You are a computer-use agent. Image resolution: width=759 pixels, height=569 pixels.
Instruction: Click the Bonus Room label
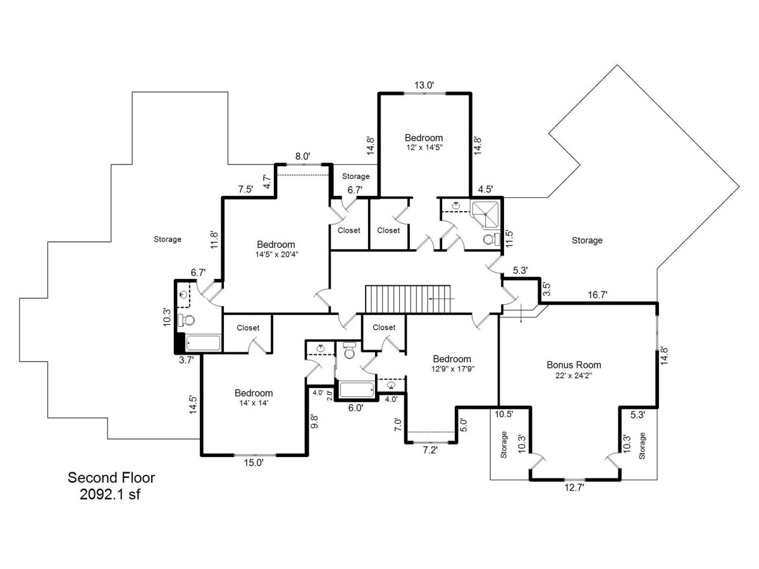tap(574, 365)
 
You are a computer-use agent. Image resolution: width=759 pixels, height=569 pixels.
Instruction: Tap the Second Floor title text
tap(111, 477)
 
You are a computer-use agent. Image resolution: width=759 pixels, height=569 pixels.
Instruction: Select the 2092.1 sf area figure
tap(110, 494)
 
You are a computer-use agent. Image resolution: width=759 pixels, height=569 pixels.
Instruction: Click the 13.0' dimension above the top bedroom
tap(424, 85)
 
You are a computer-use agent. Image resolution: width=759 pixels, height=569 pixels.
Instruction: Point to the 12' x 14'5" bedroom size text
tap(424, 147)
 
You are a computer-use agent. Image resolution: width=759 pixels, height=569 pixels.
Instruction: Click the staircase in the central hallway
tap(409, 299)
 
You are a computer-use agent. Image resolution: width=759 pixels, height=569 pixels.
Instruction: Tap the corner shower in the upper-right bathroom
tap(486, 214)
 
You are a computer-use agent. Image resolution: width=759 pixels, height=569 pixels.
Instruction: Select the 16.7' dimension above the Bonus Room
tap(598, 295)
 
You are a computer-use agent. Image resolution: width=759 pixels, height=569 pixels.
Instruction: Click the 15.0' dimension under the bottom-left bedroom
tap(254, 463)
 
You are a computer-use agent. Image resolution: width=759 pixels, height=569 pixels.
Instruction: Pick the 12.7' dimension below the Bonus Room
tap(574, 488)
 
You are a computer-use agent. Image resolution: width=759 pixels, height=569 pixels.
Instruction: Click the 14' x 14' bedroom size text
tap(254, 403)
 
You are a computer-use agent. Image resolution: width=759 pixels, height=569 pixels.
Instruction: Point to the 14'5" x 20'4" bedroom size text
tap(276, 255)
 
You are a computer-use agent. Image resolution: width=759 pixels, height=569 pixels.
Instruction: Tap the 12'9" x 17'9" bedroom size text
tap(453, 369)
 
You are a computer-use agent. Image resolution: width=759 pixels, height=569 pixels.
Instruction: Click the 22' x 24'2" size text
tap(574, 376)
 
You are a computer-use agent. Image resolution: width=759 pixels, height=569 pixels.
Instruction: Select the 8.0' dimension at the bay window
tap(302, 157)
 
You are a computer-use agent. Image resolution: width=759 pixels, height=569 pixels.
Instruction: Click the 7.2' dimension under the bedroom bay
tap(430, 450)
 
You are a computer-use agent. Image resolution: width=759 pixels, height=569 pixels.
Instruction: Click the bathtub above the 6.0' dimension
tap(357, 389)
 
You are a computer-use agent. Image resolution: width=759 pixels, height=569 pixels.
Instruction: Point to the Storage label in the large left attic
tap(168, 240)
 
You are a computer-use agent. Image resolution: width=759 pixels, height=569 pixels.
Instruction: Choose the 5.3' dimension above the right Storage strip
tap(638, 415)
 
